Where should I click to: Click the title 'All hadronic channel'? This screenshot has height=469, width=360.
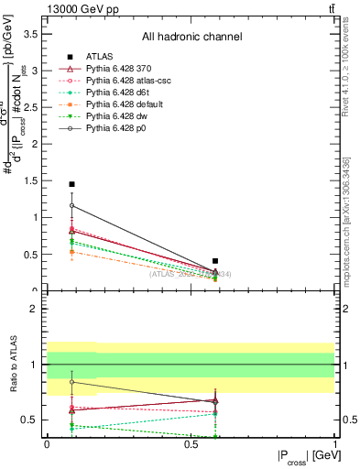(x=191, y=38)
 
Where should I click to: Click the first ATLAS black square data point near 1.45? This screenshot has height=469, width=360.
(x=71, y=184)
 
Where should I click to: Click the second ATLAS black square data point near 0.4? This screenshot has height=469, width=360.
(x=215, y=261)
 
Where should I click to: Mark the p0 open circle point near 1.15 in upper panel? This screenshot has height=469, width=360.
(x=71, y=205)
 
